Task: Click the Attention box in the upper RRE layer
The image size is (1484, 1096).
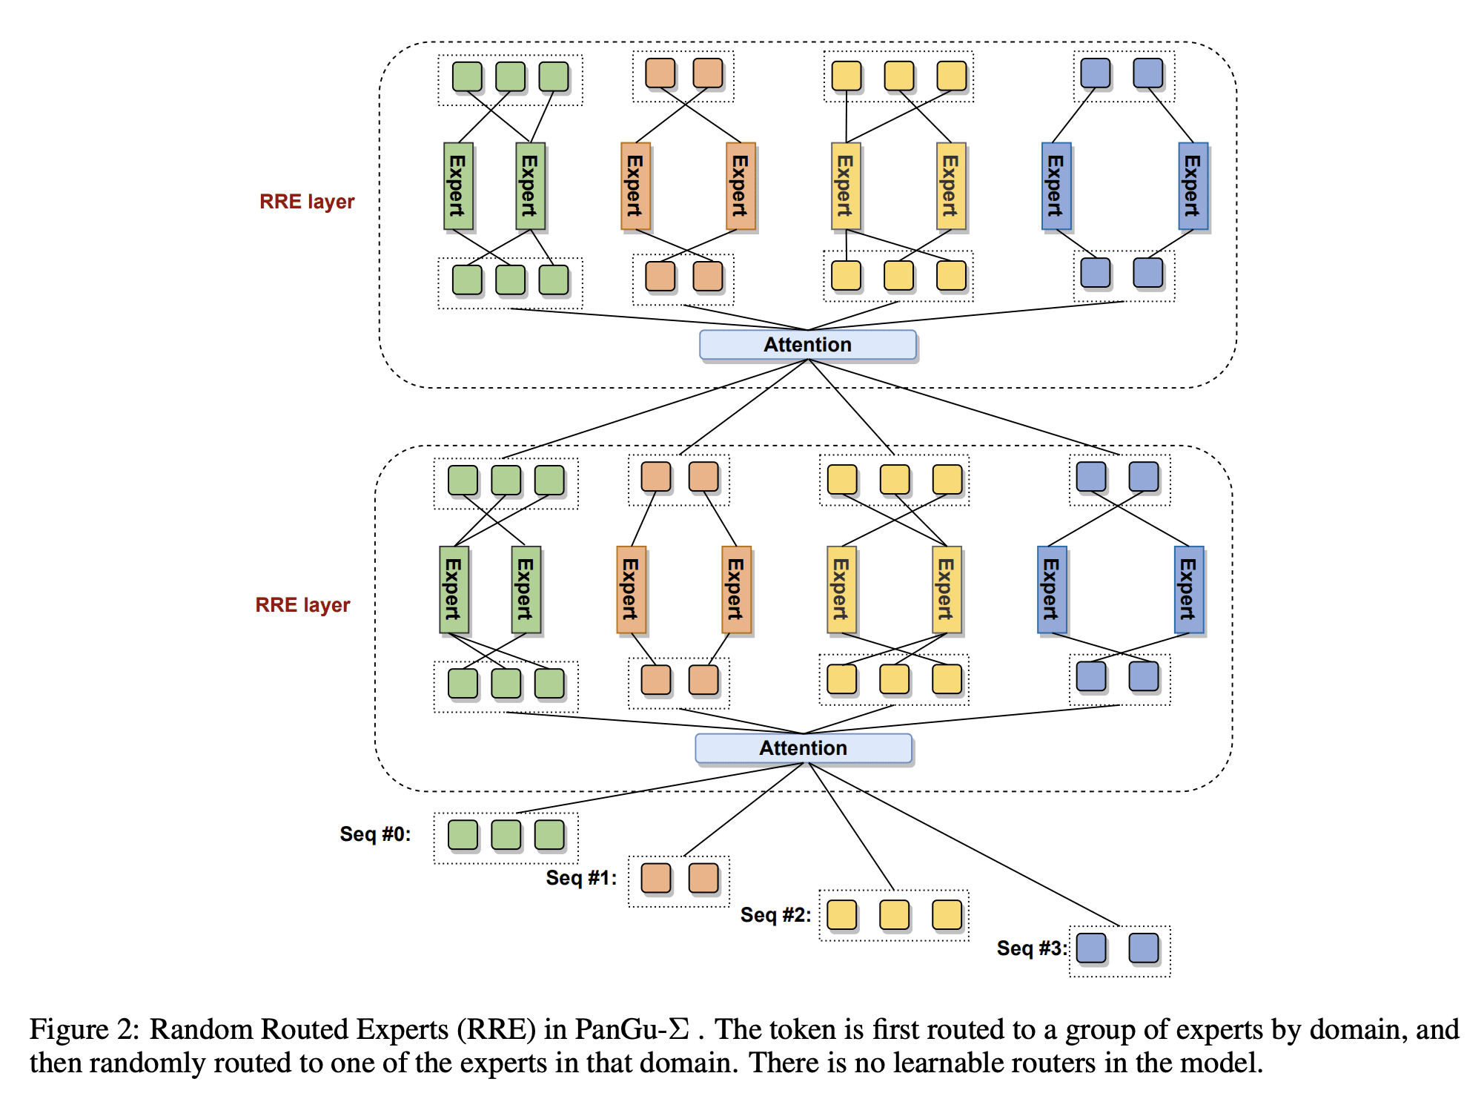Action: click(x=807, y=345)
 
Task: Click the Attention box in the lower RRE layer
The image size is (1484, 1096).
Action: click(x=803, y=748)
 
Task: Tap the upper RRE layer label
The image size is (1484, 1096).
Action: click(x=307, y=202)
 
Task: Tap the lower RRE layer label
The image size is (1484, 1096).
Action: click(x=302, y=605)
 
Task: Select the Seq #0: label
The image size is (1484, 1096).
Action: click(x=375, y=834)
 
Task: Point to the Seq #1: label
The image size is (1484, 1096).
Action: click(x=581, y=878)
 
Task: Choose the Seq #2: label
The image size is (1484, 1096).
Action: click(x=775, y=915)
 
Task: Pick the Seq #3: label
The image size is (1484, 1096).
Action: click(x=1031, y=948)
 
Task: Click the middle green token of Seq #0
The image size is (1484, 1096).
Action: click(x=506, y=835)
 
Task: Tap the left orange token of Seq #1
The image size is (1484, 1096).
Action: click(x=656, y=878)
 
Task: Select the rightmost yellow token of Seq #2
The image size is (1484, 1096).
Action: click(x=947, y=915)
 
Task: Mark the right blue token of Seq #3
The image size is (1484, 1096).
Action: click(x=1144, y=948)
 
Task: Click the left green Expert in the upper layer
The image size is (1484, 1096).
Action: click(x=458, y=186)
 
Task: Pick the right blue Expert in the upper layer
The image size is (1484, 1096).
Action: click(x=1193, y=186)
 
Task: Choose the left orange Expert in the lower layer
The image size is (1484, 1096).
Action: click(x=631, y=590)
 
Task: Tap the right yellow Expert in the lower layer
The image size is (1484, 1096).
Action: click(x=947, y=590)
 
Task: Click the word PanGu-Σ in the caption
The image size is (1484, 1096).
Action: click(x=632, y=1029)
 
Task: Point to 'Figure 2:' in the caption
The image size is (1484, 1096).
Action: click(x=84, y=1029)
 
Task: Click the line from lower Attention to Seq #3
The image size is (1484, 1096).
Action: click(x=964, y=845)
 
